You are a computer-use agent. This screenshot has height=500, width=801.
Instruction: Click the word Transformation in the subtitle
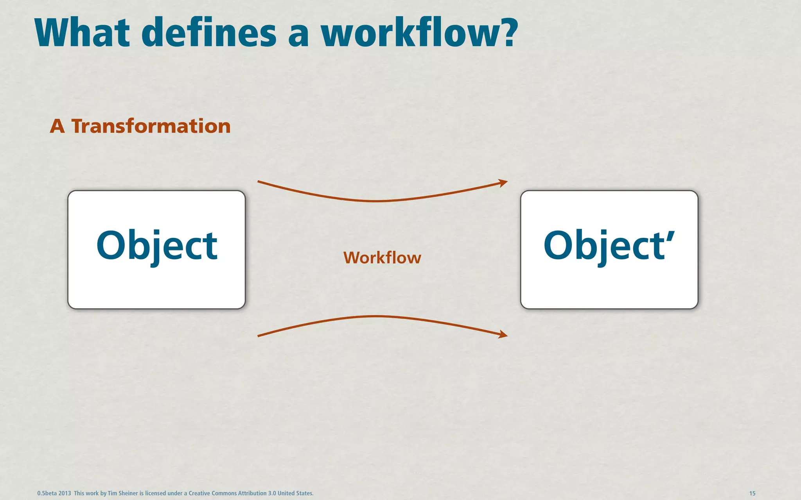pos(151,127)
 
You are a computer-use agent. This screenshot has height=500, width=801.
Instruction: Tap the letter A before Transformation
pos(57,127)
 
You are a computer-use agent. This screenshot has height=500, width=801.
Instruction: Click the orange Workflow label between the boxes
pos(382,258)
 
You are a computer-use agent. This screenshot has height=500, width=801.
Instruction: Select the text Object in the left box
pos(156,245)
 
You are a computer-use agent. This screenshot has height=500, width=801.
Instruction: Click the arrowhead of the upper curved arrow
pos(503,183)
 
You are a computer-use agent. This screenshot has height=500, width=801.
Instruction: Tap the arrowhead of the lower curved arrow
pos(503,334)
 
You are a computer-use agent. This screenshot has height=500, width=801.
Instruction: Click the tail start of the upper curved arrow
pos(259,182)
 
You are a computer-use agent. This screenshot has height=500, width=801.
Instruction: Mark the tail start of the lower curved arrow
pos(259,336)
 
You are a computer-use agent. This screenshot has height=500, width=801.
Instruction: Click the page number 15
pos(752,493)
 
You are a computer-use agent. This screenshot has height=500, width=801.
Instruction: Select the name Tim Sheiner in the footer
pos(122,493)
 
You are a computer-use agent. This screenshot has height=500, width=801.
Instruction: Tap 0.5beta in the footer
pos(47,493)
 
